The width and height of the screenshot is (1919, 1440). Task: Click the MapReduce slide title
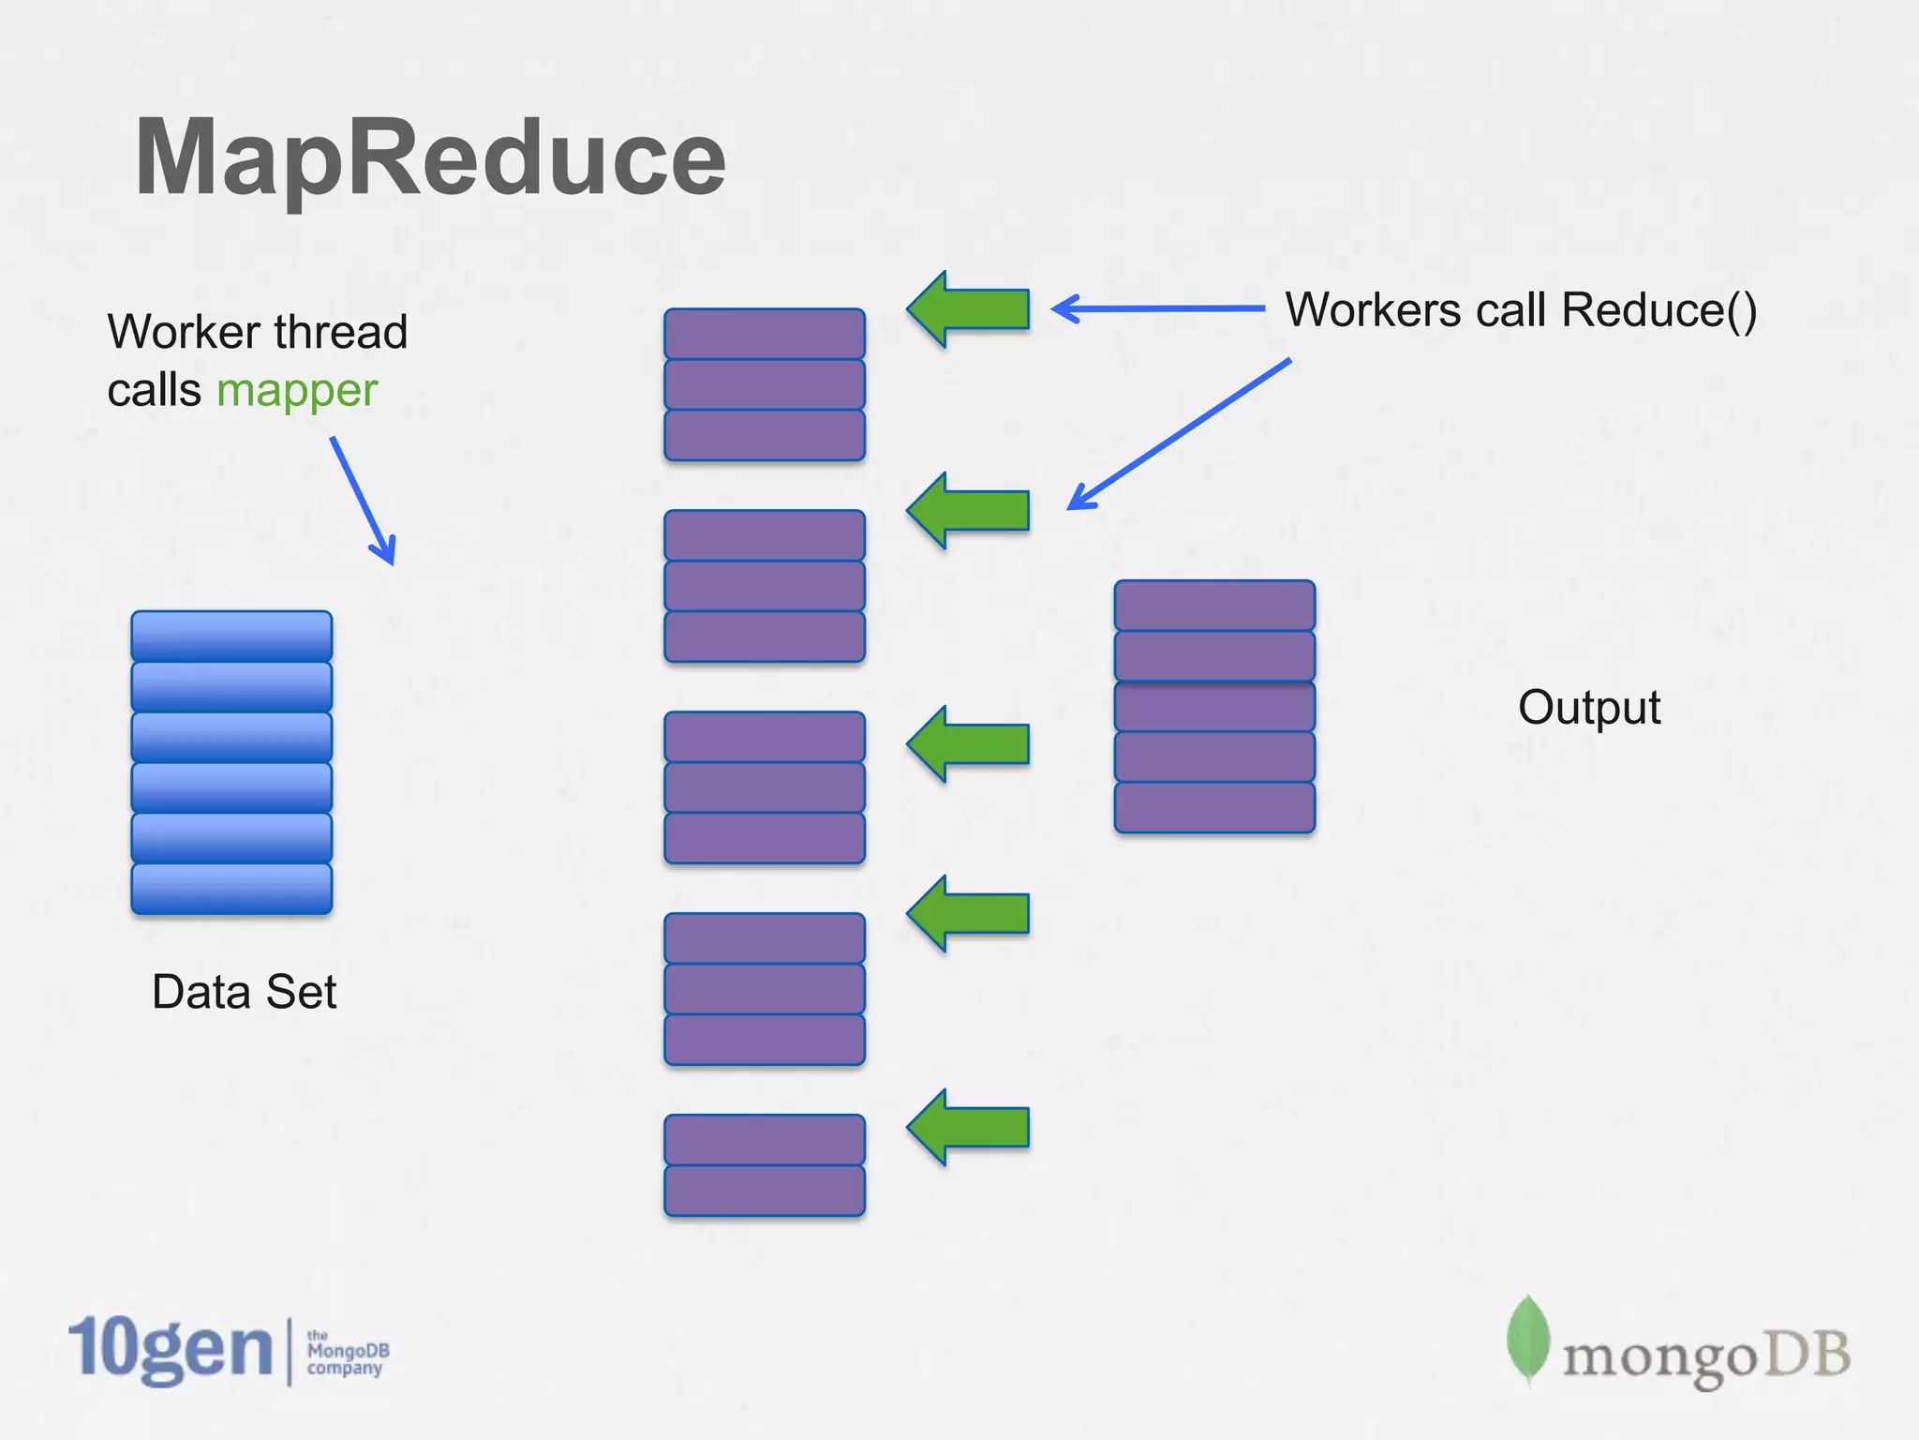(x=430, y=157)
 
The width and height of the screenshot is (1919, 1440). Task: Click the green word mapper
(x=296, y=390)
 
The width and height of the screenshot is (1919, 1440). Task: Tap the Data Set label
(x=244, y=992)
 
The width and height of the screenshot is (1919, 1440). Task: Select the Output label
(x=1589, y=707)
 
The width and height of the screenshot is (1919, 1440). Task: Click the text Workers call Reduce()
(x=1520, y=310)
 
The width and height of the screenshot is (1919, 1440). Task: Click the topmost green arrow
(x=969, y=309)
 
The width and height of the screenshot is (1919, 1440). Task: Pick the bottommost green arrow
(x=969, y=1128)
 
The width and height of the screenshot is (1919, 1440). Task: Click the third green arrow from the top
(x=969, y=744)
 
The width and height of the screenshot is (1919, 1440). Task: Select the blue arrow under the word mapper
(x=364, y=502)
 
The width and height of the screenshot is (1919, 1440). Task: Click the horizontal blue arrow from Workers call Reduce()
(x=1157, y=308)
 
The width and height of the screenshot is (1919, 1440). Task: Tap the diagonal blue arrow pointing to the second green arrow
(x=1179, y=434)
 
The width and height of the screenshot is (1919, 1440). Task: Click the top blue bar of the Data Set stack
(x=231, y=637)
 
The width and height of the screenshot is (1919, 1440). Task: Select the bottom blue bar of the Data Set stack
(x=231, y=889)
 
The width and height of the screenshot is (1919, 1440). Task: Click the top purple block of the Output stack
(x=1214, y=606)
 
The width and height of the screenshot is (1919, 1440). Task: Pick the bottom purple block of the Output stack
(x=1214, y=807)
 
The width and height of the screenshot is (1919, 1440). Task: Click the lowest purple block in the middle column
(x=765, y=1191)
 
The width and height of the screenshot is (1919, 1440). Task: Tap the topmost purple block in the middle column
(x=765, y=334)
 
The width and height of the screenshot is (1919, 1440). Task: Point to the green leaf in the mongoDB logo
(x=1527, y=1339)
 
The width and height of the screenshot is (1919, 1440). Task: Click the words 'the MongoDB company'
(x=348, y=1352)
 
